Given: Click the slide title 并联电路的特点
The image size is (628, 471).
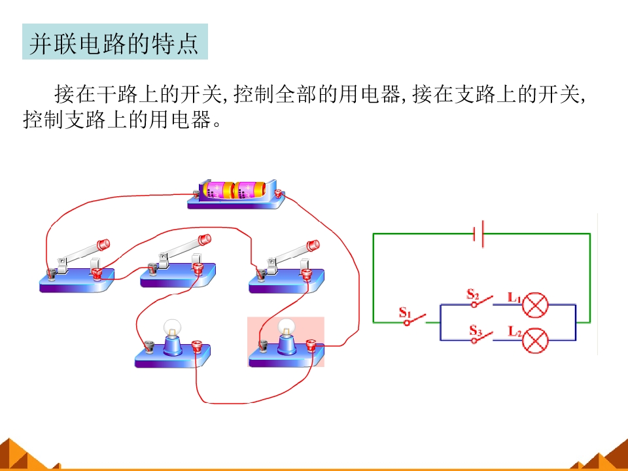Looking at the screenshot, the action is (x=114, y=43).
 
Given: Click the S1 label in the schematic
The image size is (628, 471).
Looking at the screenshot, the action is (x=405, y=312).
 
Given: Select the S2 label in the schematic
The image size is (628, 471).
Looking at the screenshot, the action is (x=473, y=294).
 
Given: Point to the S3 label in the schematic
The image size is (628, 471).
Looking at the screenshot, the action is (x=476, y=330).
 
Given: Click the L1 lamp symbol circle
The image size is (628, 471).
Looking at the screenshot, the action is (x=535, y=305).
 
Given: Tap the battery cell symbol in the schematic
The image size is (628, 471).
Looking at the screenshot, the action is (x=479, y=234).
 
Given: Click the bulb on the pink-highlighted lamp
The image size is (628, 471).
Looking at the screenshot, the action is (x=286, y=327).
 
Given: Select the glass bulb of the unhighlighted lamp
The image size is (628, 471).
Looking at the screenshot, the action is (x=173, y=328).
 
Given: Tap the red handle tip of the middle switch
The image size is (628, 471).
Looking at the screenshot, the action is (x=205, y=239).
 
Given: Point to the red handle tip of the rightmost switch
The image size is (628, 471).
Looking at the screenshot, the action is (x=313, y=245).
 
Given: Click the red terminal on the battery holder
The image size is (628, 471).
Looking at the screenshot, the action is (x=278, y=194).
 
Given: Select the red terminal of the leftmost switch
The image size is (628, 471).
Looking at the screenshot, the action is (x=96, y=274).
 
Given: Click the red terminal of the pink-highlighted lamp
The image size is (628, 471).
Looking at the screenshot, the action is (x=311, y=345).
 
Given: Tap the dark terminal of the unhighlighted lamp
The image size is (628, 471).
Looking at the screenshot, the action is (x=149, y=346).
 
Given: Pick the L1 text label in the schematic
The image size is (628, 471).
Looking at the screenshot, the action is (x=514, y=297).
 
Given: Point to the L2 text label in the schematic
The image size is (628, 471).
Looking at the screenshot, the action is (x=515, y=331).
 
